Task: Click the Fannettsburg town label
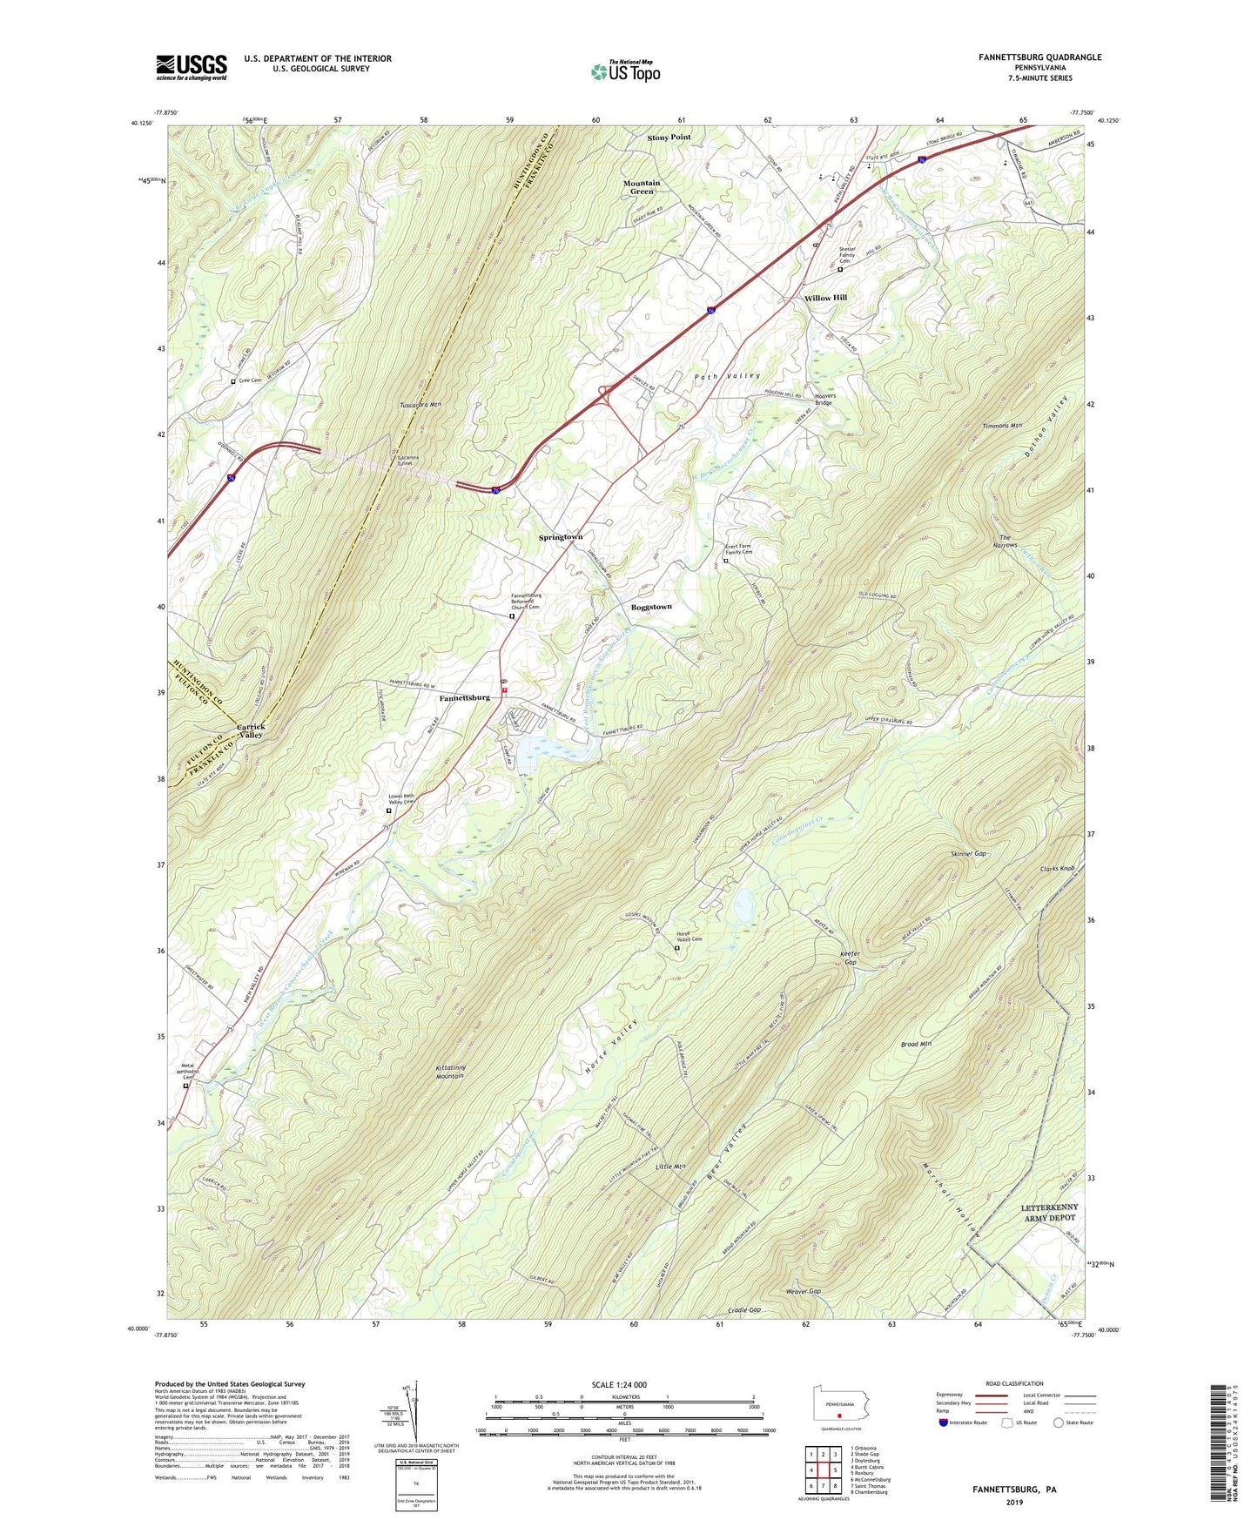click(464, 697)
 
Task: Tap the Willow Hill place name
click(825, 298)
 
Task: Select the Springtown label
click(560, 537)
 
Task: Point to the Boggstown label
click(651, 607)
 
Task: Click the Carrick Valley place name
click(251, 730)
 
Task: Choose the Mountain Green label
click(642, 187)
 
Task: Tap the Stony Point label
click(669, 138)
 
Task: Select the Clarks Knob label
click(1057, 869)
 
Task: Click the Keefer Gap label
click(851, 958)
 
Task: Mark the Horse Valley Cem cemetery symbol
click(677, 949)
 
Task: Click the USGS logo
click(192, 67)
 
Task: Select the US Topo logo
click(624, 71)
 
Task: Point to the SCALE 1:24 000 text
click(622, 1384)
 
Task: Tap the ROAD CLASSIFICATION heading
click(1014, 1383)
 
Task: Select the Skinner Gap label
click(968, 854)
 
